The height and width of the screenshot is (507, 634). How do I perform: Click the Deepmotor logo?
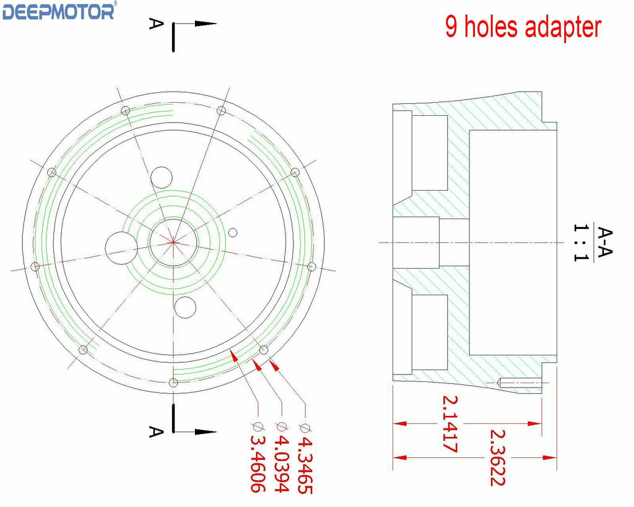click(x=59, y=11)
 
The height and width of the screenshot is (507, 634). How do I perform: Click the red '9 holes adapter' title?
click(x=523, y=27)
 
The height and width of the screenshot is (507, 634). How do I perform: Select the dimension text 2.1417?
click(x=449, y=423)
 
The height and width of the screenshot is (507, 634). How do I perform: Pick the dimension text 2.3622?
click(x=497, y=457)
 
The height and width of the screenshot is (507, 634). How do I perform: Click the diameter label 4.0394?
click(x=281, y=457)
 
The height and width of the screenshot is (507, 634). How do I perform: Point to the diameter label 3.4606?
click(x=258, y=457)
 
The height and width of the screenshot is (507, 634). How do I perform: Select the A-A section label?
click(x=604, y=242)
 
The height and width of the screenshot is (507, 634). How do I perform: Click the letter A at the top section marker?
click(x=156, y=23)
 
